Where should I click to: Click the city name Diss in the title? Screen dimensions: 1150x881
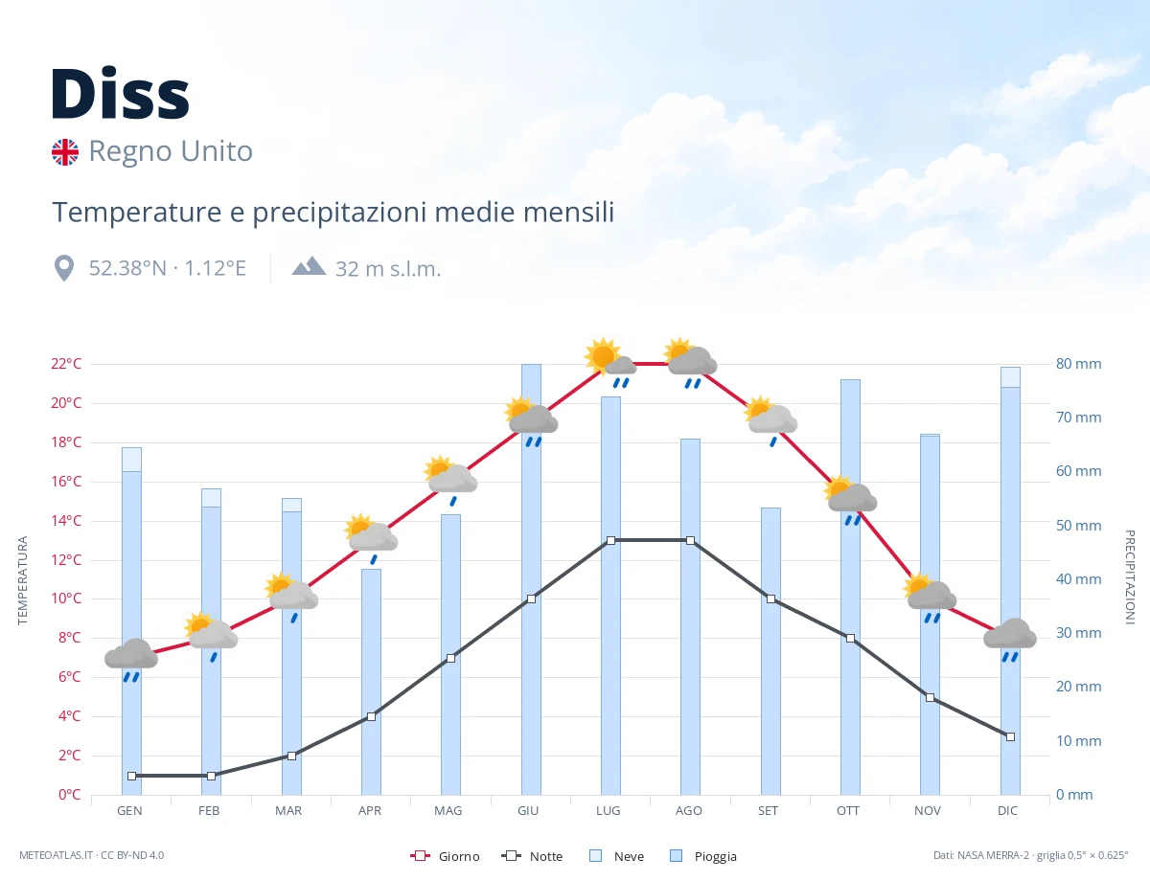coord(120,94)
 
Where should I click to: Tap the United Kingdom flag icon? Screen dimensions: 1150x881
coord(65,152)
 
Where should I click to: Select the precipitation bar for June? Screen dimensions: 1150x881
coord(531,579)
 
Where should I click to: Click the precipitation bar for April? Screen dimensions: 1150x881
coord(371,682)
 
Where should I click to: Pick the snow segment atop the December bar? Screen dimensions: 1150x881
coord(1010,377)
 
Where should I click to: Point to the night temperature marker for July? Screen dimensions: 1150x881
coord(610,540)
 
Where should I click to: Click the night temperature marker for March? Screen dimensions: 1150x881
coord(291,756)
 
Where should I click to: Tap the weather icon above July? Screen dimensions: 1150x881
coord(610,362)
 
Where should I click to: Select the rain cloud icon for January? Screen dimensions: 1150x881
coord(131,660)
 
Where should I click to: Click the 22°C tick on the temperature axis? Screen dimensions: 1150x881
coord(66,364)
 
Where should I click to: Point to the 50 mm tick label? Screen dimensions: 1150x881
coord(1078,526)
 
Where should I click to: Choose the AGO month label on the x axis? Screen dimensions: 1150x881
coord(688,811)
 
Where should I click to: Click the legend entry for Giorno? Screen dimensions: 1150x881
coord(445,856)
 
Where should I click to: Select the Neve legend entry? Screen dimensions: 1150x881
coord(616,856)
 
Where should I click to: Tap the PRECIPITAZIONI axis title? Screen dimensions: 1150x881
coord(1130,576)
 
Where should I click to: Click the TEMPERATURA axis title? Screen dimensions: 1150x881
coord(22,580)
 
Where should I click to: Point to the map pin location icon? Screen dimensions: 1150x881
coord(64,269)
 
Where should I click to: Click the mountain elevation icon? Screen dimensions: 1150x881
coord(310,266)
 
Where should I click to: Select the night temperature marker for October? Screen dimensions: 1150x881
coord(850,639)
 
